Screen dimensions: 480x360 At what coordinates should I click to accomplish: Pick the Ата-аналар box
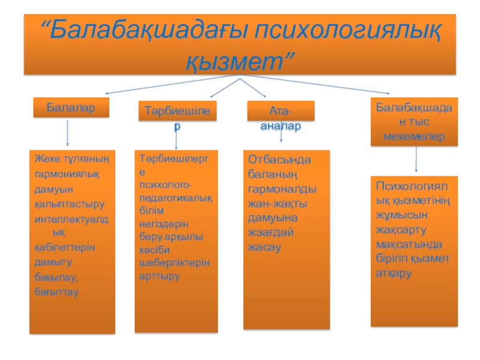(x=280, y=113)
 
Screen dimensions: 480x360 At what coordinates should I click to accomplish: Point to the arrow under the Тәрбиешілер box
(x=176, y=137)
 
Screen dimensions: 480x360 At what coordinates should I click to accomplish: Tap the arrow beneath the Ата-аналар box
(x=282, y=135)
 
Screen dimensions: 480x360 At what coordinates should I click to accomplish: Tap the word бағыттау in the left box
(x=56, y=291)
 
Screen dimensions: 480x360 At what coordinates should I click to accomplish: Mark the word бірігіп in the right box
(x=392, y=259)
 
